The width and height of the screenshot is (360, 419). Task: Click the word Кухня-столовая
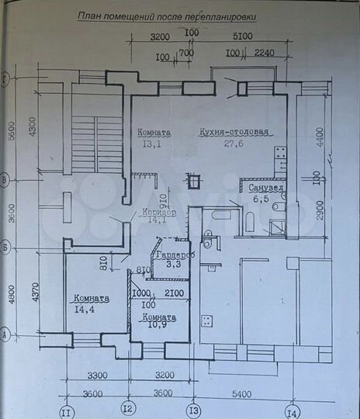point(234,132)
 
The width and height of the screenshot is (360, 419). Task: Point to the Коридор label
point(160,212)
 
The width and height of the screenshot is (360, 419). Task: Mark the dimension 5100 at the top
point(243,36)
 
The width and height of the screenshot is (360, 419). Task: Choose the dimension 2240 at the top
point(265,54)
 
